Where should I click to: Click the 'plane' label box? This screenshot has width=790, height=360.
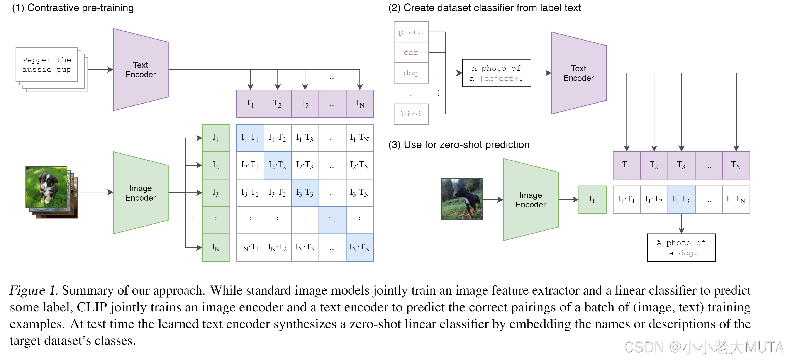pos(411,32)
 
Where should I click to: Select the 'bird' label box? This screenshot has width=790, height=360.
pos(411,114)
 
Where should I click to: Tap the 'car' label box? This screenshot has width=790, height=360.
pos(411,53)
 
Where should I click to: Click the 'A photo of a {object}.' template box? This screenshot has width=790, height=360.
pos(496,73)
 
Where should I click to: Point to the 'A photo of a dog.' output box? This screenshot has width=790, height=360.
pos(681,248)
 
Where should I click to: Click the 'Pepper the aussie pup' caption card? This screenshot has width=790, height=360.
pos(47,65)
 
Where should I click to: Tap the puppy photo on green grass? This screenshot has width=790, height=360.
pos(46,187)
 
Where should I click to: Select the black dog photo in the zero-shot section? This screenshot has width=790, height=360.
pos(462,199)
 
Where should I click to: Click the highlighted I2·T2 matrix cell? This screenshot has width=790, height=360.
pos(277,165)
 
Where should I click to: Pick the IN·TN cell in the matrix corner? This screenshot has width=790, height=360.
pos(359,248)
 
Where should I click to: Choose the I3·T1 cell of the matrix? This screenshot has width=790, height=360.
pos(250,193)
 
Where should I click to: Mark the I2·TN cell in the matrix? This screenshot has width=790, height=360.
pos(359,165)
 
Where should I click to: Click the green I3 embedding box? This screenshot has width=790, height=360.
pos(216,193)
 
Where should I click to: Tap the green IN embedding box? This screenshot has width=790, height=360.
pos(216,248)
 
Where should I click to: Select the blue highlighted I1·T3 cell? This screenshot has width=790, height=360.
pos(681,200)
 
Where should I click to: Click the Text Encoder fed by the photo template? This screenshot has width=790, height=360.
pos(578,73)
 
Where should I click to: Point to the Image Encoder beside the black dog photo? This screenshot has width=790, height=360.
pos(531,200)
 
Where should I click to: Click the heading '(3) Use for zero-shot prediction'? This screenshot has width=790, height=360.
pos(459,144)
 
